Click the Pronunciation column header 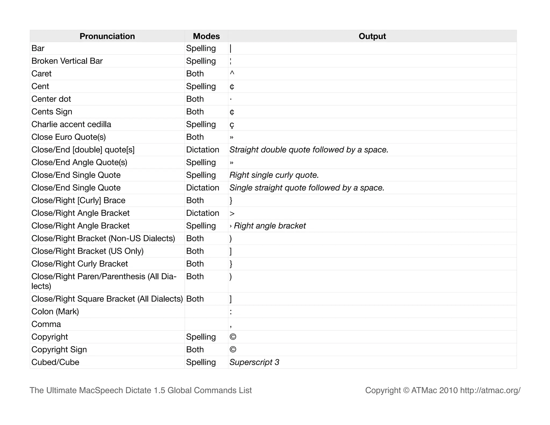click(107, 36)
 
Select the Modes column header click(206, 36)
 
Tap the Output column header click(372, 36)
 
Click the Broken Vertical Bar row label click(67, 61)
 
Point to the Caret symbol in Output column click(232, 73)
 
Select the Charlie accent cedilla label click(71, 124)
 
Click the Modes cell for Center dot click(195, 99)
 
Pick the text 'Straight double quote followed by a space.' click(309, 150)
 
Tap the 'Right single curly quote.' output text click(274, 175)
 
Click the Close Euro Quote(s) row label click(68, 137)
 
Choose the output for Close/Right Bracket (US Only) click(231, 251)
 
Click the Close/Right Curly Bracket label click(79, 264)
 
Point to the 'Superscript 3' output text click(254, 362)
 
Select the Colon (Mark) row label click(55, 312)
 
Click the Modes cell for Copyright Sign click(195, 350)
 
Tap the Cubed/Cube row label click(55, 362)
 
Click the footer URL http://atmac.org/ click(490, 390)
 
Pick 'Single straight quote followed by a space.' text click(307, 188)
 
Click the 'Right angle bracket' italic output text click(270, 226)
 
